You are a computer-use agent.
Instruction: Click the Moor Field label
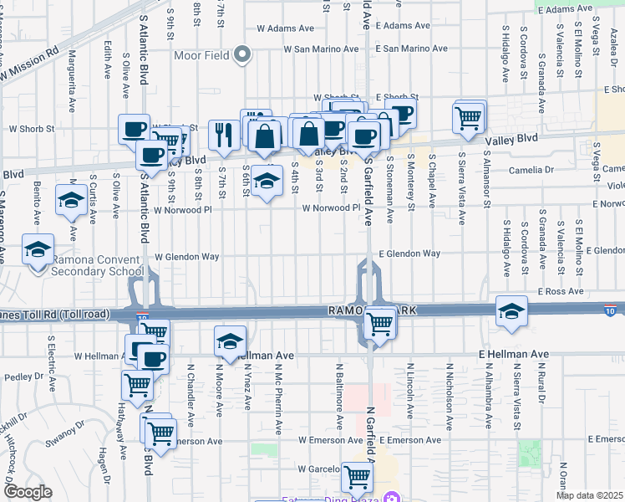(x=203, y=56)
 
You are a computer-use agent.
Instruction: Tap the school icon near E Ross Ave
(x=511, y=312)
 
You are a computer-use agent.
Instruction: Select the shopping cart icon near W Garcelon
(x=357, y=477)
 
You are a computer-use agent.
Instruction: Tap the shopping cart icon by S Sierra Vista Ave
(x=469, y=117)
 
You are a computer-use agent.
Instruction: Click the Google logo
(x=28, y=492)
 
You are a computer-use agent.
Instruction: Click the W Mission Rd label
(x=30, y=64)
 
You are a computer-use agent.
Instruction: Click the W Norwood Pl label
(x=330, y=207)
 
